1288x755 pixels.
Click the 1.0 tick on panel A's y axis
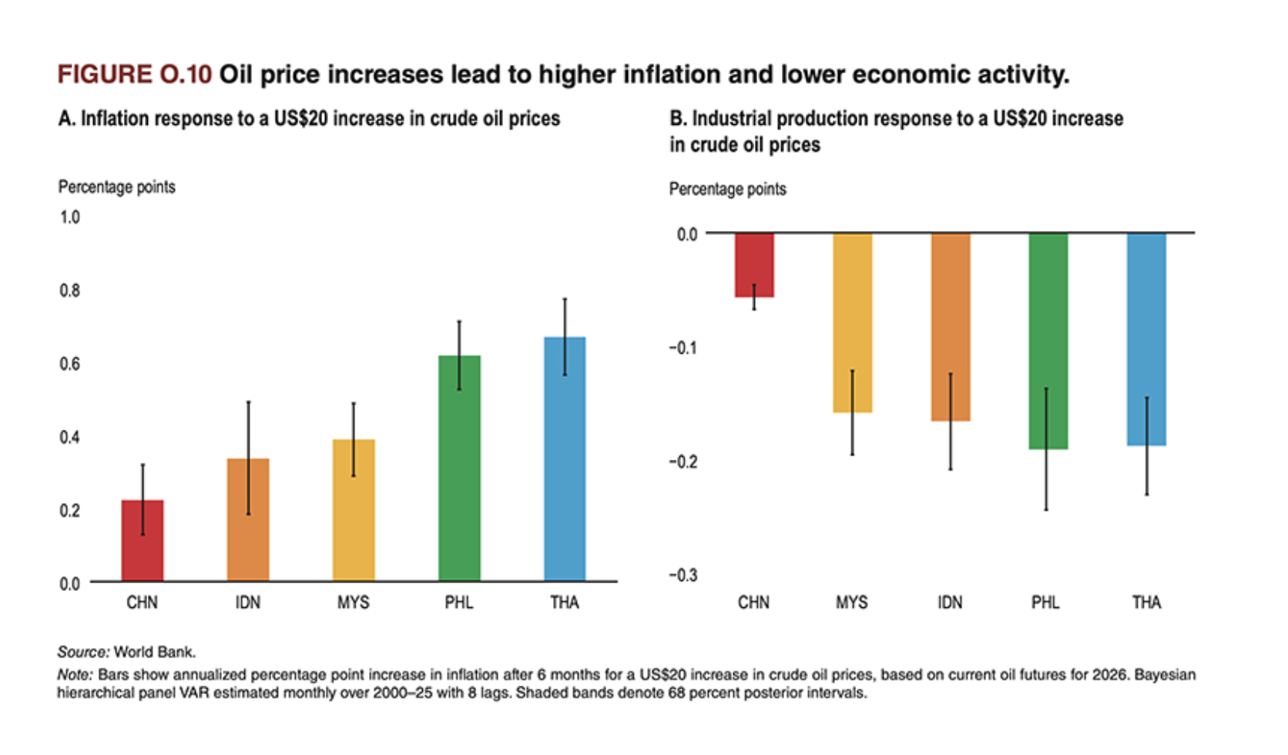[x=70, y=217]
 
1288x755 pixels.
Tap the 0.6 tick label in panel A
[x=70, y=364]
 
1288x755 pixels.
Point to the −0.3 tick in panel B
[x=683, y=575]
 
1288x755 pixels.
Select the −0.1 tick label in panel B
[x=683, y=348]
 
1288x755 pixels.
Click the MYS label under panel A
[x=354, y=602]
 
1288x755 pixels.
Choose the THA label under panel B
[x=1146, y=602]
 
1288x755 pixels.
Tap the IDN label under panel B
[x=950, y=602]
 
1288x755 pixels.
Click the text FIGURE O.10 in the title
[x=134, y=75]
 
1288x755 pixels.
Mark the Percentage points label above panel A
[x=117, y=187]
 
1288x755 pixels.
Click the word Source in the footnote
[x=82, y=652]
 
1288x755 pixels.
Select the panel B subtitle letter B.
[x=676, y=119]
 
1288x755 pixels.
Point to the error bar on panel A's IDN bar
[x=248, y=431]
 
